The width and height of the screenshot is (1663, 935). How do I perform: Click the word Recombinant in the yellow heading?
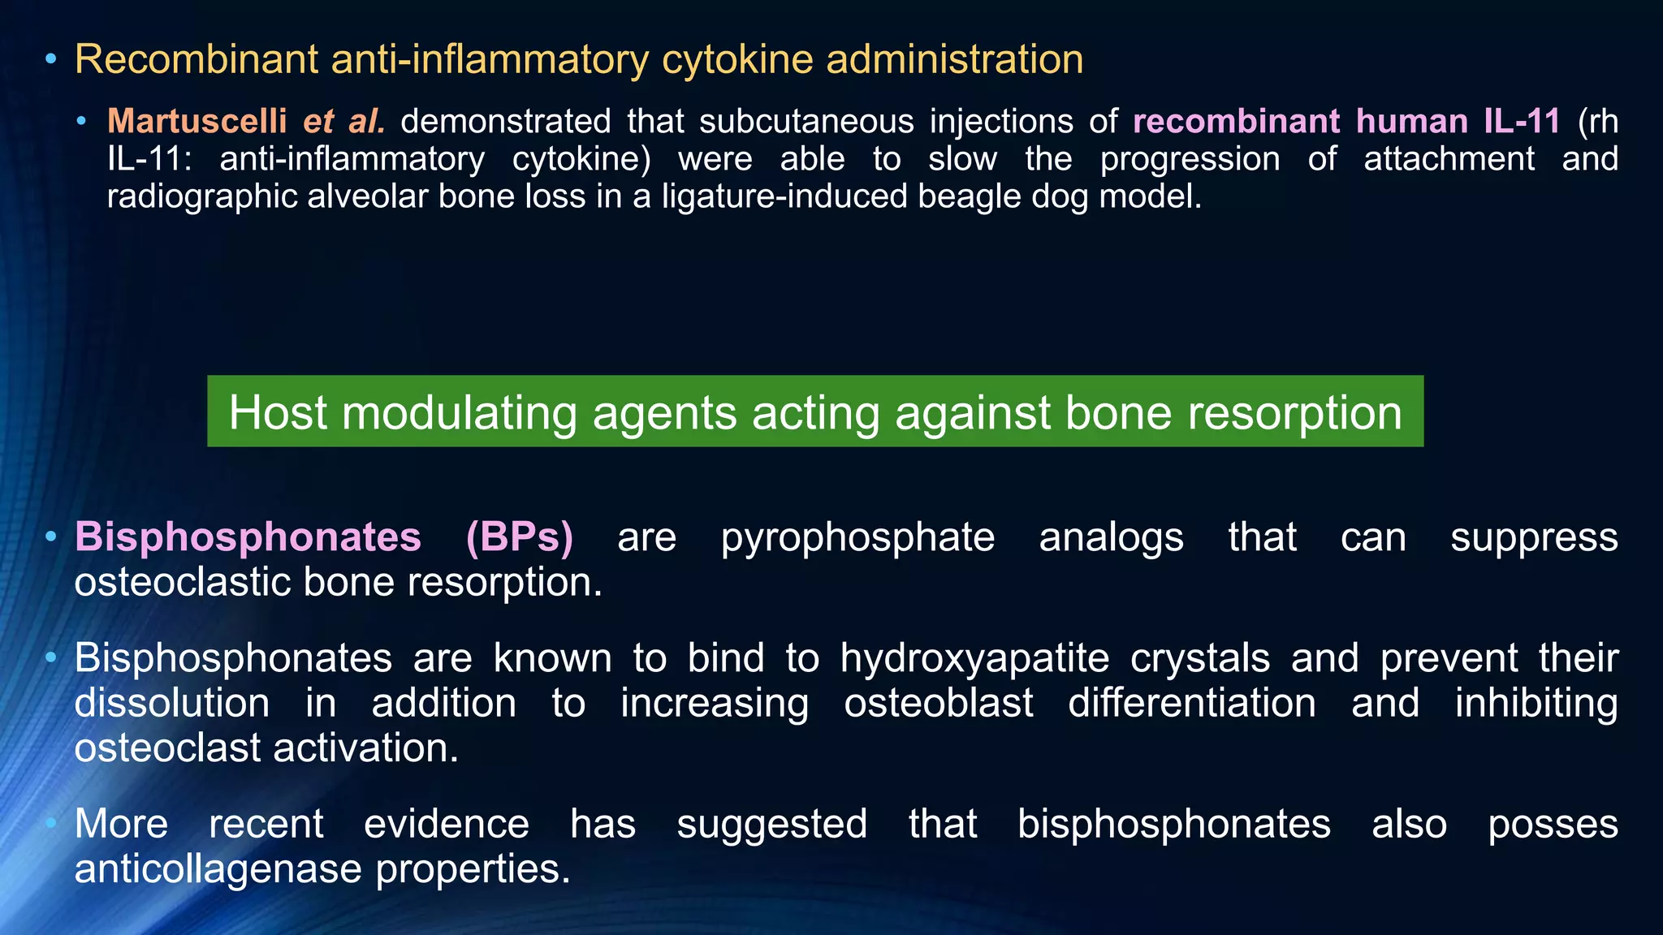point(196,59)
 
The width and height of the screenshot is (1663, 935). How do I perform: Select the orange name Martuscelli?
point(197,121)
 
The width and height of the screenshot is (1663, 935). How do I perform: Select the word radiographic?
point(202,196)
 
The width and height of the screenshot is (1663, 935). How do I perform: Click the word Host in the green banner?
point(278,412)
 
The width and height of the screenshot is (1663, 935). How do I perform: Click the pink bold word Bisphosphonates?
point(248,537)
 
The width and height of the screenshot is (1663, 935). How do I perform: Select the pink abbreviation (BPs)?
point(520,537)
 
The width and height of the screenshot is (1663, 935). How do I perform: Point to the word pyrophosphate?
point(857,537)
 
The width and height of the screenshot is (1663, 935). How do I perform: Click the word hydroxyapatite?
point(974,657)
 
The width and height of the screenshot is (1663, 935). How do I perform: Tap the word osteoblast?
point(938,703)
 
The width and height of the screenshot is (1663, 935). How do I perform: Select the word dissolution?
point(171,703)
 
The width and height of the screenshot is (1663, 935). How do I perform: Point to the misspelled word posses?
point(1552,824)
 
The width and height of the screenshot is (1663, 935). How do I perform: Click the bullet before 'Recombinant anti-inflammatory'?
point(51,59)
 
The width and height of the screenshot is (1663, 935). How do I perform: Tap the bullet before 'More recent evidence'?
point(51,824)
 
